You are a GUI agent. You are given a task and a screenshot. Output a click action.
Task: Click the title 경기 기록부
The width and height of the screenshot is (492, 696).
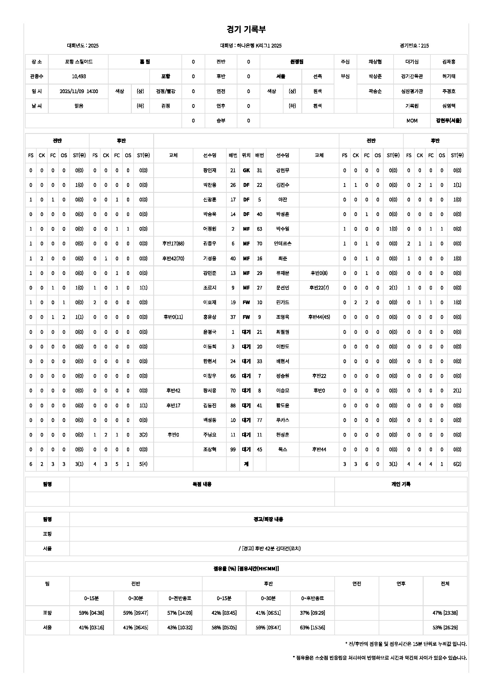pyautogui.click(x=246, y=29)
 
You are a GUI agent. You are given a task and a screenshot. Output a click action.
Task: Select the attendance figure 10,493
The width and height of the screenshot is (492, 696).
pyautogui.click(x=79, y=76)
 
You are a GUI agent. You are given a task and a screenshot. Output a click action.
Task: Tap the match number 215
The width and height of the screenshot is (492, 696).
pyautogui.click(x=425, y=46)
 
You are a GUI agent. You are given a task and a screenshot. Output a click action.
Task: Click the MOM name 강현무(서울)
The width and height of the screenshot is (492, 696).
pyautogui.click(x=448, y=121)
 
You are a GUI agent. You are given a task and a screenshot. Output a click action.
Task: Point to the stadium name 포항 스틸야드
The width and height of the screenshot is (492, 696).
pyautogui.click(x=79, y=62)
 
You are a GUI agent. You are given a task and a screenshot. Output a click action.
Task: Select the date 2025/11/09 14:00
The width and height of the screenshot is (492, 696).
pyautogui.click(x=79, y=91)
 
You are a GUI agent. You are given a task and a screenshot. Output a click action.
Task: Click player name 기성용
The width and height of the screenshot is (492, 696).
pyautogui.click(x=210, y=259)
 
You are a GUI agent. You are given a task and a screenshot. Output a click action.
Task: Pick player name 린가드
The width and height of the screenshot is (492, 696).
pyautogui.click(x=282, y=303)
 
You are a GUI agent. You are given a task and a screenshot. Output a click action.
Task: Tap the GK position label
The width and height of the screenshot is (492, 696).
pyautogui.click(x=246, y=171)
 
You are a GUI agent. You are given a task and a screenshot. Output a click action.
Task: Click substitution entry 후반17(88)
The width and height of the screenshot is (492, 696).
pyautogui.click(x=173, y=244)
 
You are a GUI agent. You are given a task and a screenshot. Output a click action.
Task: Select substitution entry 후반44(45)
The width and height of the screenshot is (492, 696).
pyautogui.click(x=319, y=317)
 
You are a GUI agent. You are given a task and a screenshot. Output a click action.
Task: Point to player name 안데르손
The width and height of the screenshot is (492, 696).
pyautogui.click(x=282, y=244)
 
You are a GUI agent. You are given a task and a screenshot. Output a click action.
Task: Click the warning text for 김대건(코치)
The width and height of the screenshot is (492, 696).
pyautogui.click(x=269, y=548)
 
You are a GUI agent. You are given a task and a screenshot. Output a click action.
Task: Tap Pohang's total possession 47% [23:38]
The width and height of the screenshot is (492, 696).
pyautogui.click(x=445, y=613)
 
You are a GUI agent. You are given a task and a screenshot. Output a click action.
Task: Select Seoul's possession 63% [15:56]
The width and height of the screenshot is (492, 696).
pyautogui.click(x=312, y=628)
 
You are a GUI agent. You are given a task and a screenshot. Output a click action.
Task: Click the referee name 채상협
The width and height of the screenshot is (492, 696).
pyautogui.click(x=375, y=62)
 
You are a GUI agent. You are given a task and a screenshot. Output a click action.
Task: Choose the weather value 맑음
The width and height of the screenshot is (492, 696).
pyautogui.click(x=79, y=106)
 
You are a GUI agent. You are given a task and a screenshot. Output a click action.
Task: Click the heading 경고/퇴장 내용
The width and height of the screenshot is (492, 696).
pyautogui.click(x=268, y=519)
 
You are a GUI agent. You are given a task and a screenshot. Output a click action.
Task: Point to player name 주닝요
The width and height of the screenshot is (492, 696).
pyautogui.click(x=210, y=435)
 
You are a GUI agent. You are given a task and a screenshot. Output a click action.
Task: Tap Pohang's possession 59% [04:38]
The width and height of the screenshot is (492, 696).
pyautogui.click(x=92, y=613)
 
